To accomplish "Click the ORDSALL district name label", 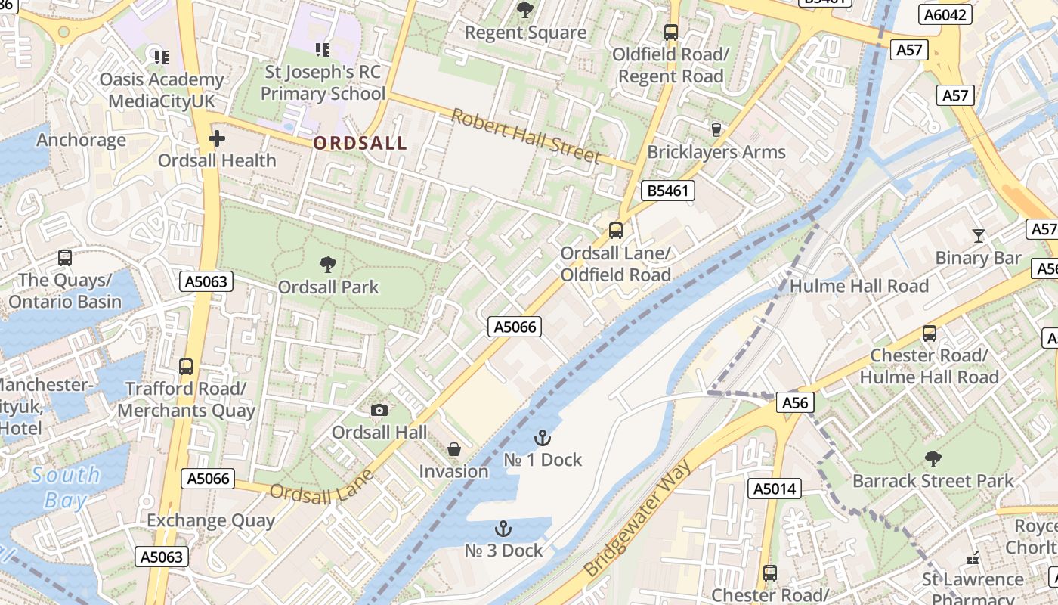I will [x=360, y=143].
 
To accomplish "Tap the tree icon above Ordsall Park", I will [x=327, y=264].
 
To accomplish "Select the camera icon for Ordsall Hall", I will [x=379, y=410].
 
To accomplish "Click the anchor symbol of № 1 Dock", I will [x=542, y=437].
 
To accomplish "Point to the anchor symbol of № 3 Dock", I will [x=503, y=528].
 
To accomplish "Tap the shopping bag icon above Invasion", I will [x=454, y=449].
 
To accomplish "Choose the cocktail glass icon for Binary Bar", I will [x=979, y=235].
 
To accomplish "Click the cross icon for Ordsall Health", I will [x=217, y=138].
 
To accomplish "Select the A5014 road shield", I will [x=775, y=489].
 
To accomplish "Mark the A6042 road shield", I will [x=945, y=14].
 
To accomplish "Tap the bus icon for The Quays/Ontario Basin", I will [x=65, y=257].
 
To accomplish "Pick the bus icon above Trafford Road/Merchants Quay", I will [x=186, y=366].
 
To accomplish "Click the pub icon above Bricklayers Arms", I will [x=716, y=129].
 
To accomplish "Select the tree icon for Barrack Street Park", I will [x=933, y=458].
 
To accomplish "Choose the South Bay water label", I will [x=66, y=487].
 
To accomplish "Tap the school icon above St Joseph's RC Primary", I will [x=323, y=50].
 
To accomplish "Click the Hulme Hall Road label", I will [x=859, y=286].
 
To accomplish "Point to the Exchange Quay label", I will [x=211, y=520].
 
